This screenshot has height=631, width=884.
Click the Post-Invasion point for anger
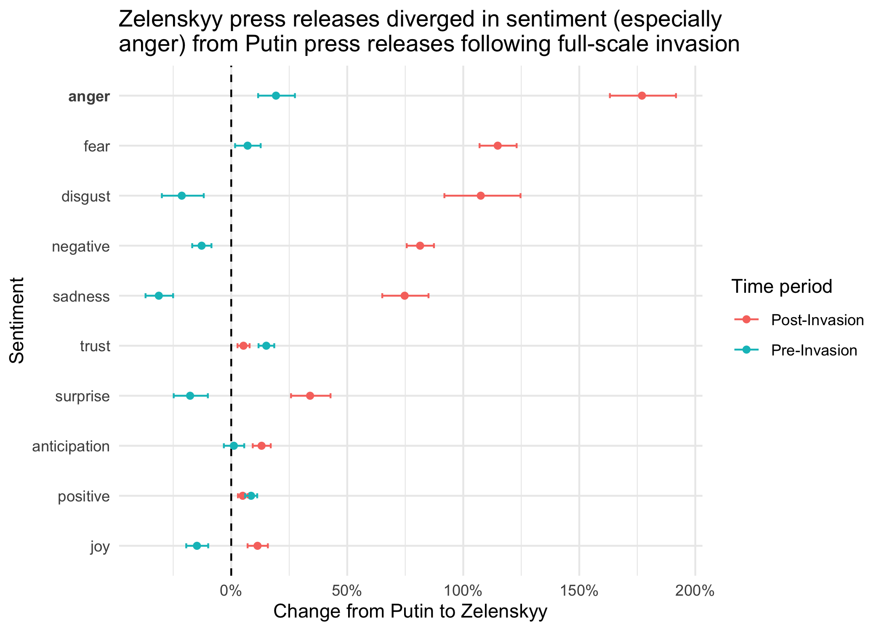pos(642,96)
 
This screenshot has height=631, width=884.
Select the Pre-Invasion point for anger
pos(276,96)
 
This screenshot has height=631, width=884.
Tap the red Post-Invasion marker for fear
pos(498,146)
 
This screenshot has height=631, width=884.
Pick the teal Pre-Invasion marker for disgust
pos(181,196)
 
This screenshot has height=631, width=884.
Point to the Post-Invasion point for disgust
pos(481,196)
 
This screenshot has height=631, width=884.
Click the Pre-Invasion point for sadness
pos(159,296)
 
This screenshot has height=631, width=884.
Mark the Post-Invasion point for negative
pos(420,246)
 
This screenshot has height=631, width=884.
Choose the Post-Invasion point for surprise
pos(310,396)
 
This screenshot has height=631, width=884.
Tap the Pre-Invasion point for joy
pos(197,546)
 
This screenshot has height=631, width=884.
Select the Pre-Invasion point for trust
pos(266,346)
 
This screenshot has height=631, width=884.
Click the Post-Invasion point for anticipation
pos(261,446)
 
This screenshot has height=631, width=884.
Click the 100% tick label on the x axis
pos(463,591)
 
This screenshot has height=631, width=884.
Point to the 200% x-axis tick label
pos(695,591)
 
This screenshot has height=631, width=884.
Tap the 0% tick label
pos(231,591)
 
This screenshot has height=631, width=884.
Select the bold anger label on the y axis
pos(89,97)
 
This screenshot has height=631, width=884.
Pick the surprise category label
pos(83,397)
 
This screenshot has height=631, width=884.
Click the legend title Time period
pos(782,286)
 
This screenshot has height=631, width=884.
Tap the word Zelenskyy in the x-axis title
pos(504,612)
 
